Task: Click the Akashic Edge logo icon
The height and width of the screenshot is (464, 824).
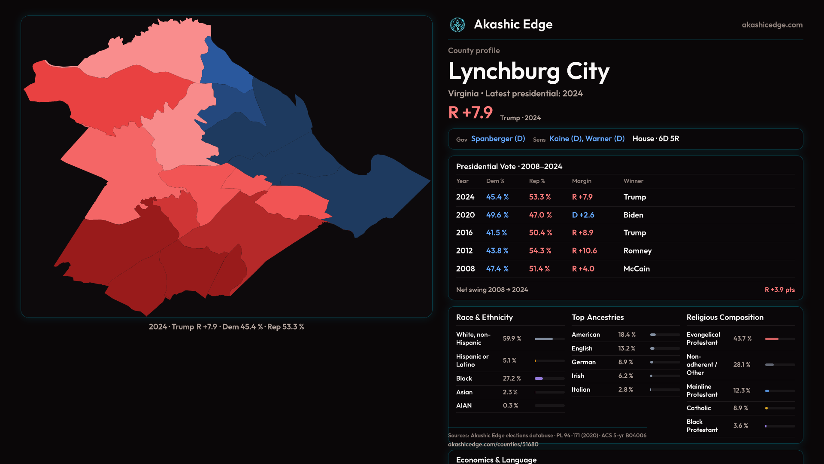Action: (x=457, y=25)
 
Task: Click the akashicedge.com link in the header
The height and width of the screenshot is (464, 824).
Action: (x=772, y=25)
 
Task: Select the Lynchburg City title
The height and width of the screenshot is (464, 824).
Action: (x=529, y=71)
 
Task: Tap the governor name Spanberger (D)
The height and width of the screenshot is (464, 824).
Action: (x=498, y=139)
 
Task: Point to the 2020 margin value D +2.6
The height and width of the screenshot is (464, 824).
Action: (x=583, y=215)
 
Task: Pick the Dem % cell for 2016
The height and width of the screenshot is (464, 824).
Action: (x=497, y=232)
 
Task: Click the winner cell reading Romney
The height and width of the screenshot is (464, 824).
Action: (x=637, y=250)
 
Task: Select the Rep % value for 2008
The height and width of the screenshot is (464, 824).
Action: (x=539, y=269)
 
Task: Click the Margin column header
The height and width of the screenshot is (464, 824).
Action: (x=582, y=181)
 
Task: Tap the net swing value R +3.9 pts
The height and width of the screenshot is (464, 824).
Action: (x=779, y=290)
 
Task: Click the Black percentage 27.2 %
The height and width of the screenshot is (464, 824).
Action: (x=512, y=379)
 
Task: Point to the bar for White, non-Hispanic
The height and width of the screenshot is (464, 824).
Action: (x=544, y=339)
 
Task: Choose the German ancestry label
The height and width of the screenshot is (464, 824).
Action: (x=583, y=362)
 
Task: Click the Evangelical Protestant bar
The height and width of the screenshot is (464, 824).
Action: (x=772, y=339)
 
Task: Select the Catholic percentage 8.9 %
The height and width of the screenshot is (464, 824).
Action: (x=740, y=408)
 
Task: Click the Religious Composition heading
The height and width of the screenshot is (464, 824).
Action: (x=725, y=317)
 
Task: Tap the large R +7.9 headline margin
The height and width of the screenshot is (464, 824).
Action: (x=470, y=113)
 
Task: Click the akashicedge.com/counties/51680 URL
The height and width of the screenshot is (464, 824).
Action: (x=493, y=444)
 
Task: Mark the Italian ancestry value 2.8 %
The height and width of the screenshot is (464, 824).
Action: (x=625, y=390)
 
